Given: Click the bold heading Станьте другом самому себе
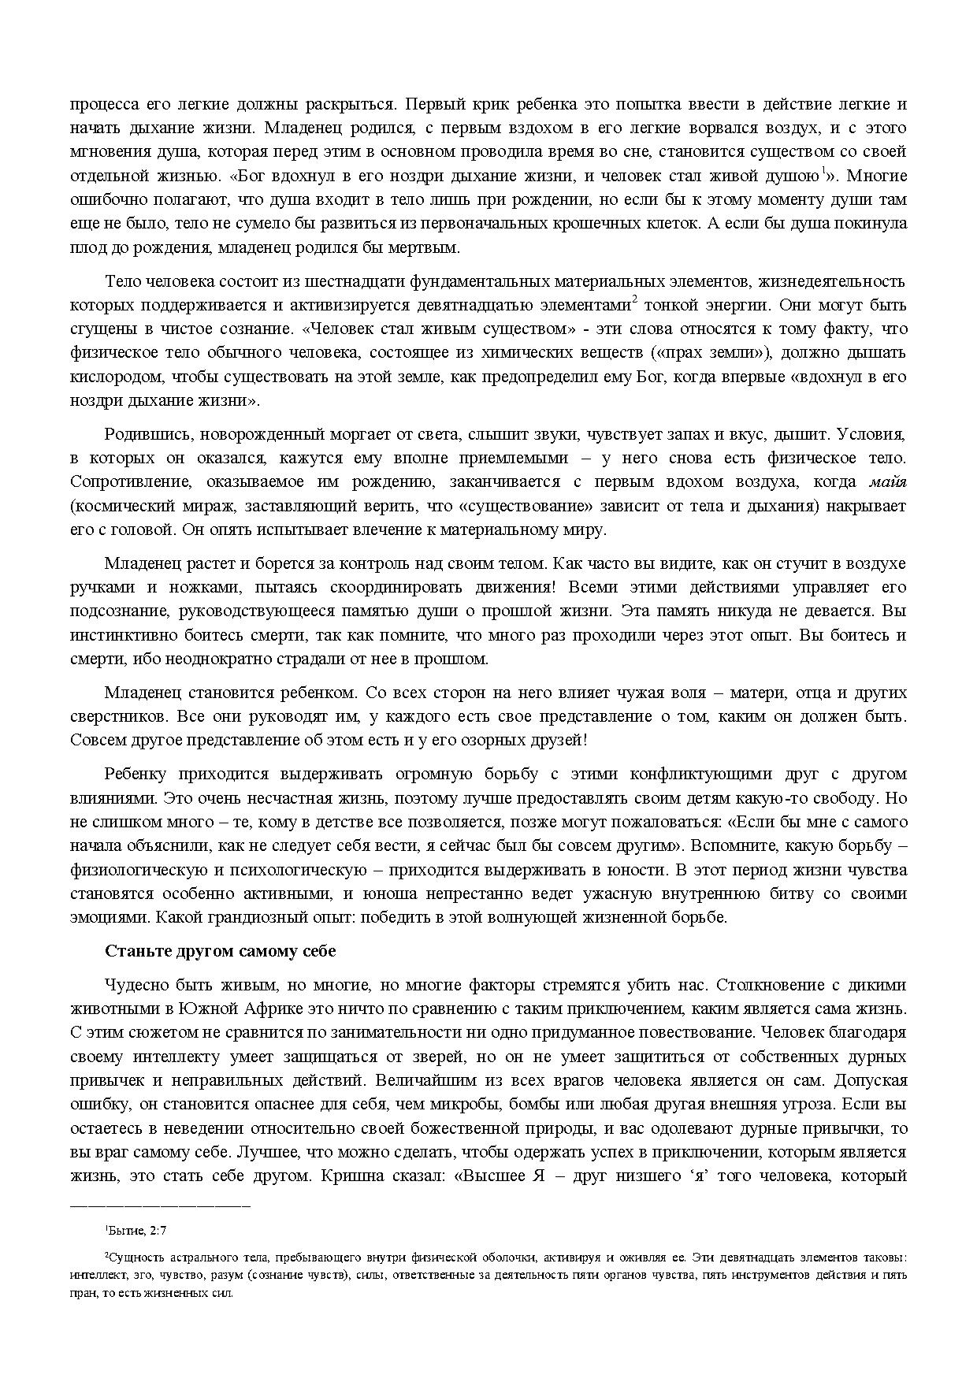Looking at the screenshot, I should (221, 951).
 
